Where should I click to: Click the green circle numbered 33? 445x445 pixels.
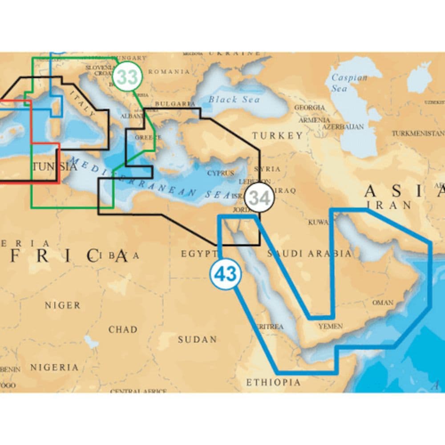point(127,77)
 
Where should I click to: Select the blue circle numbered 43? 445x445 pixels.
point(226,274)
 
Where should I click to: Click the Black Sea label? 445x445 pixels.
point(234,99)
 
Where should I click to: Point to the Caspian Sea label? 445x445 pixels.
point(349,83)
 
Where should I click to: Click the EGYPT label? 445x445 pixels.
point(198,254)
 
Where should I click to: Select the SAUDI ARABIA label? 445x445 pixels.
point(309,254)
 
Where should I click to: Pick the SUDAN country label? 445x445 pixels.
point(197,340)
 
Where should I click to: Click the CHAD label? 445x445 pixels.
point(123,329)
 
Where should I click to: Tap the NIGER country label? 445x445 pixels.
point(62,305)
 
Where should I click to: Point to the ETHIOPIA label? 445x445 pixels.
point(273,382)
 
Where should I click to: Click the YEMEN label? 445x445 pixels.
point(331,326)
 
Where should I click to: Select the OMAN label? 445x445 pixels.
point(383,303)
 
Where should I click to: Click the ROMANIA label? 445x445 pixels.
point(169,71)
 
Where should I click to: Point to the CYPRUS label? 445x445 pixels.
point(220,173)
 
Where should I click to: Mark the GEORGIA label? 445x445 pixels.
point(309,108)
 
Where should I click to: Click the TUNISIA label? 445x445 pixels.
point(54,167)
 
